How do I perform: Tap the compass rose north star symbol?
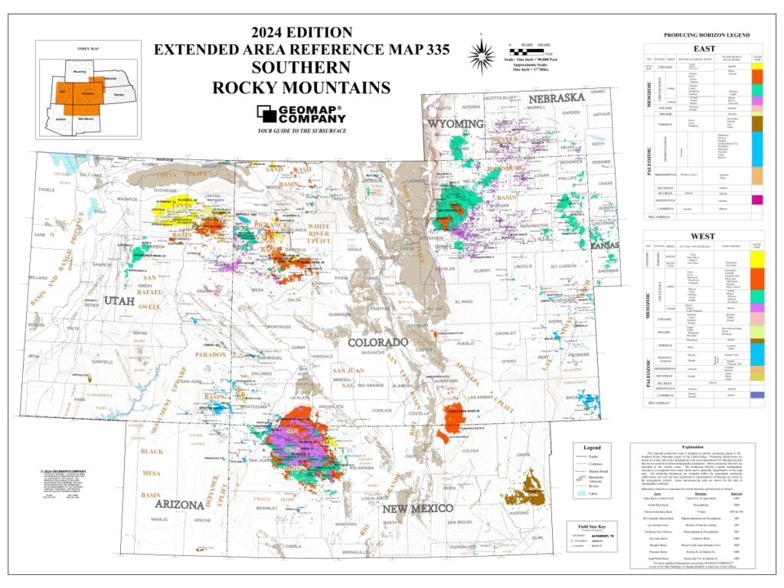click(x=481, y=52)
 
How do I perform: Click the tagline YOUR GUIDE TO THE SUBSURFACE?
click(x=301, y=132)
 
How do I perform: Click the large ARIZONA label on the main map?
click(x=178, y=504)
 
